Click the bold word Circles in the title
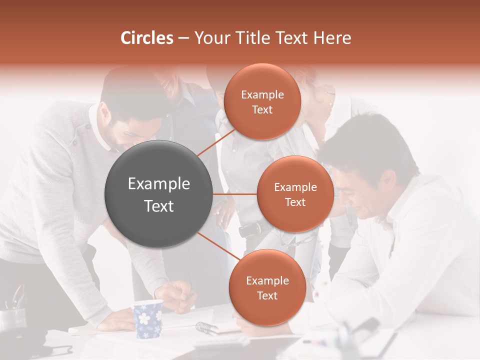(x=147, y=38)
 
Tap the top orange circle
(x=262, y=102)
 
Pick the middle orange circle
(x=295, y=194)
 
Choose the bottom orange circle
(x=267, y=287)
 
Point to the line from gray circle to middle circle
(x=235, y=194)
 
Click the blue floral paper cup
(x=148, y=318)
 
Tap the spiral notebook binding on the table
(x=206, y=327)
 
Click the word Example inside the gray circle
(x=159, y=184)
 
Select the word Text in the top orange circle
(x=262, y=110)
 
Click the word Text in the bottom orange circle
(x=267, y=295)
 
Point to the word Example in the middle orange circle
(x=295, y=187)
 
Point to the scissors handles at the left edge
(x=17, y=298)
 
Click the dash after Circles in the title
(x=183, y=38)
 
